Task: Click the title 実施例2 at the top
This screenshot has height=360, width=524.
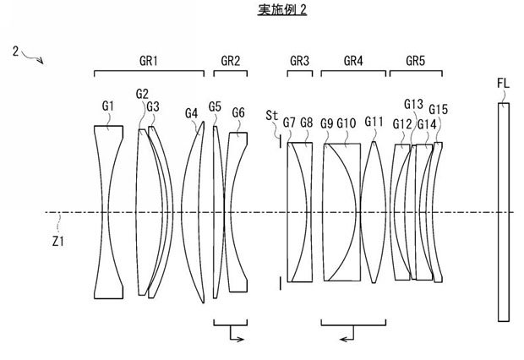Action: (262, 10)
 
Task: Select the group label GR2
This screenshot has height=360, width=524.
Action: (231, 60)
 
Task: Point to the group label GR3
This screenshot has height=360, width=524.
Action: (299, 60)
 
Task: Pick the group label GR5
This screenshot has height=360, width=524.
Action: (416, 60)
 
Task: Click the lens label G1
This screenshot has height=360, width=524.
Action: (108, 106)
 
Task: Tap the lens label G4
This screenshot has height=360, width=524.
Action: (191, 112)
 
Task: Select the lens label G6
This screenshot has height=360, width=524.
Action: (238, 112)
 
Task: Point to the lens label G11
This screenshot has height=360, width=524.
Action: (374, 121)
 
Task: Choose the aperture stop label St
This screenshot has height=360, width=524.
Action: (270, 113)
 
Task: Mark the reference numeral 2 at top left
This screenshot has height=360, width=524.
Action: (15, 52)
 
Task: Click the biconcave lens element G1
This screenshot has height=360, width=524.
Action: (108, 211)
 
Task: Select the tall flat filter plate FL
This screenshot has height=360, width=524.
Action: (505, 211)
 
